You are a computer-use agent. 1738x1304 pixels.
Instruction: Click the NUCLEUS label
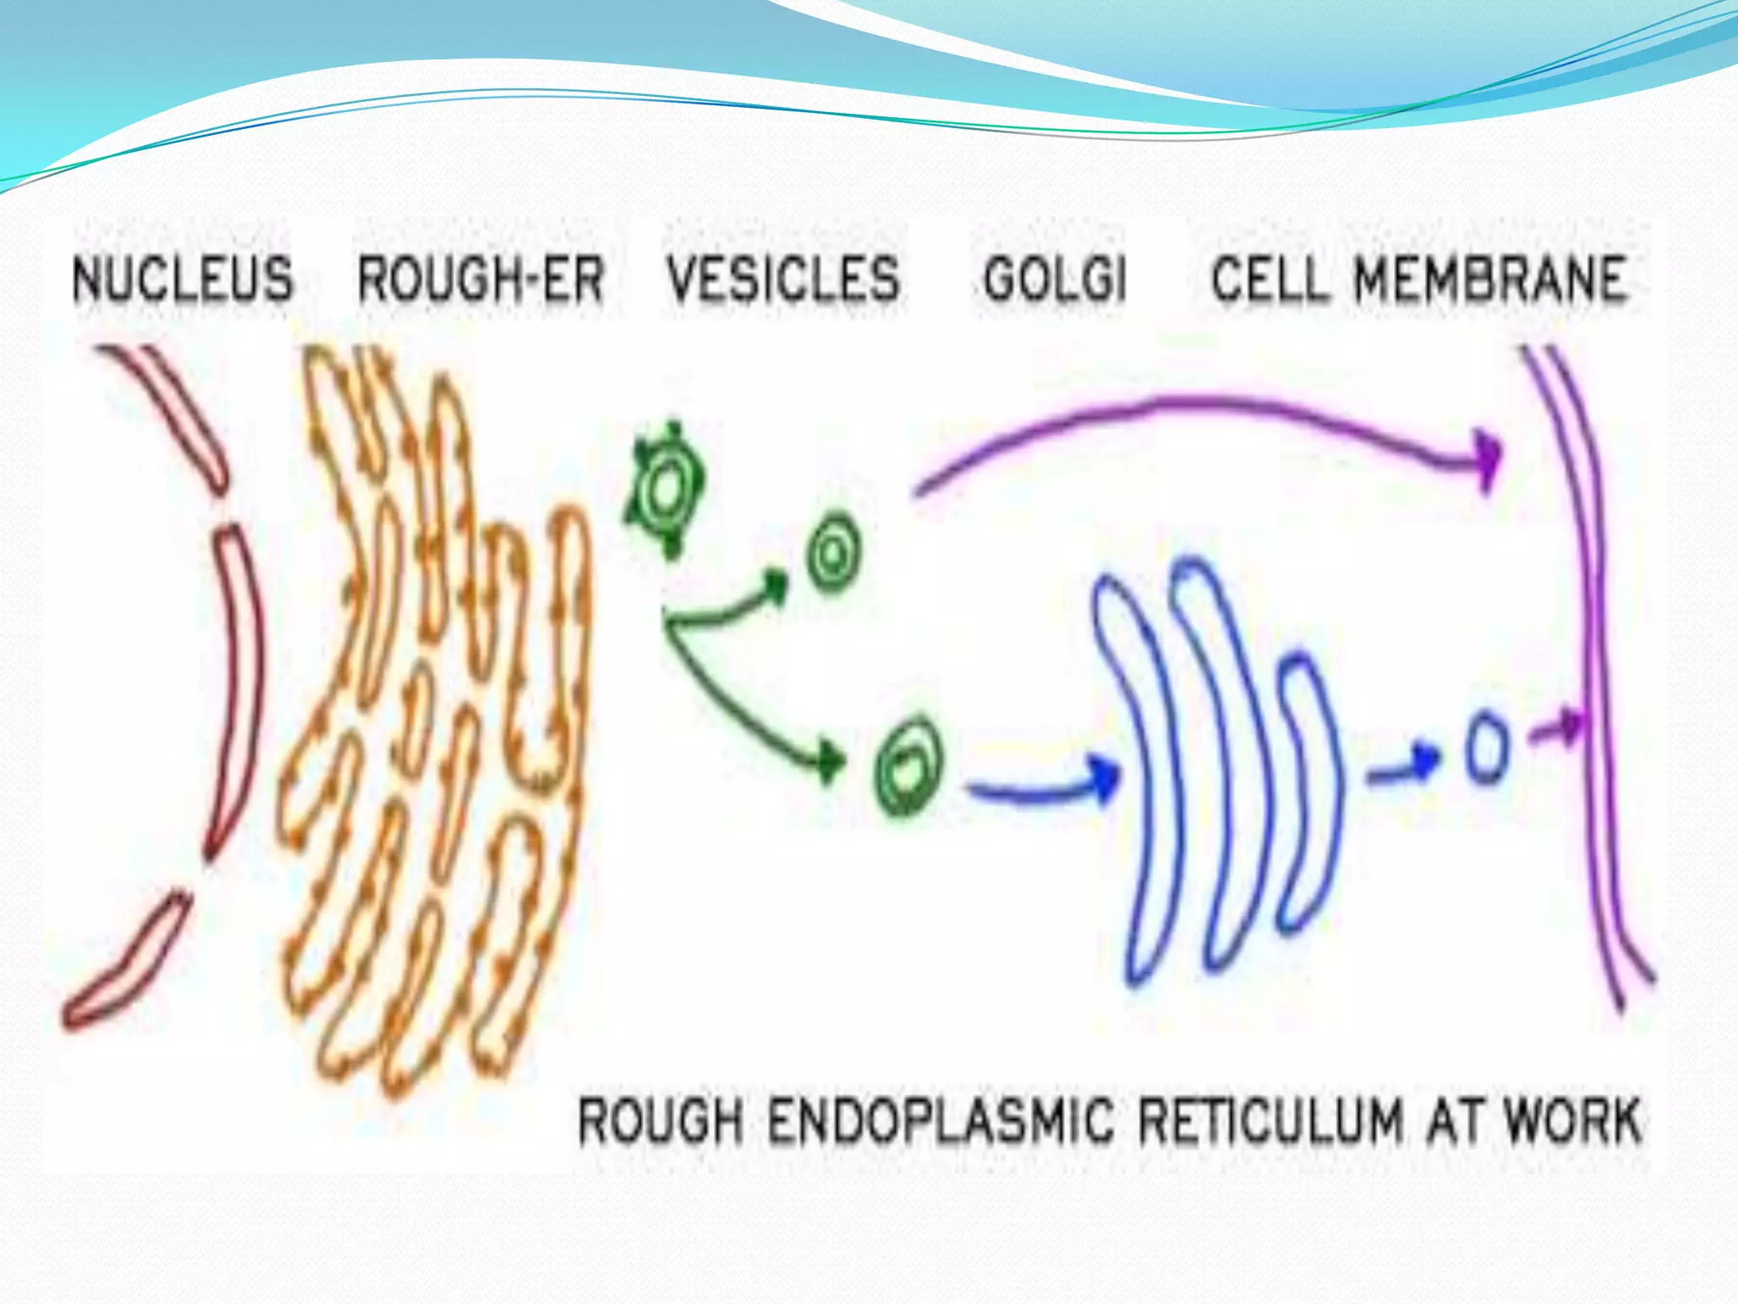[x=182, y=279]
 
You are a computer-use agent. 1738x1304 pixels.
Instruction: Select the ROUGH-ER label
[x=480, y=279]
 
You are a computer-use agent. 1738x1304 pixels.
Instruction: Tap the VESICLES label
[x=782, y=279]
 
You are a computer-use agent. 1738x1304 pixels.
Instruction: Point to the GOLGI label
[x=1055, y=279]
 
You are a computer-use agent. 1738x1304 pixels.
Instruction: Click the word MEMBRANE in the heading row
[x=1489, y=279]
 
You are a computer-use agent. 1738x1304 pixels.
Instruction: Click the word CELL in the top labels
[x=1268, y=279]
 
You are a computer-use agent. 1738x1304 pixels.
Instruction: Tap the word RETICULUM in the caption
[x=1270, y=1121]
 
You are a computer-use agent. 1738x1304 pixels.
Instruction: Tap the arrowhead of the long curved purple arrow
[x=1487, y=459]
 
